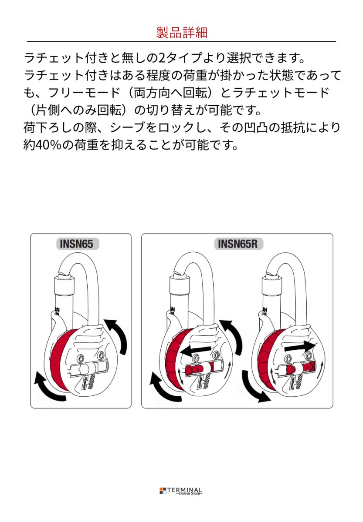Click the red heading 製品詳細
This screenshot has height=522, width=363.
click(181, 33)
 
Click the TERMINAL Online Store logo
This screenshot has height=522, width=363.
click(181, 491)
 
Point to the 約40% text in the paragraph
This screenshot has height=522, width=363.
click(42, 144)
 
